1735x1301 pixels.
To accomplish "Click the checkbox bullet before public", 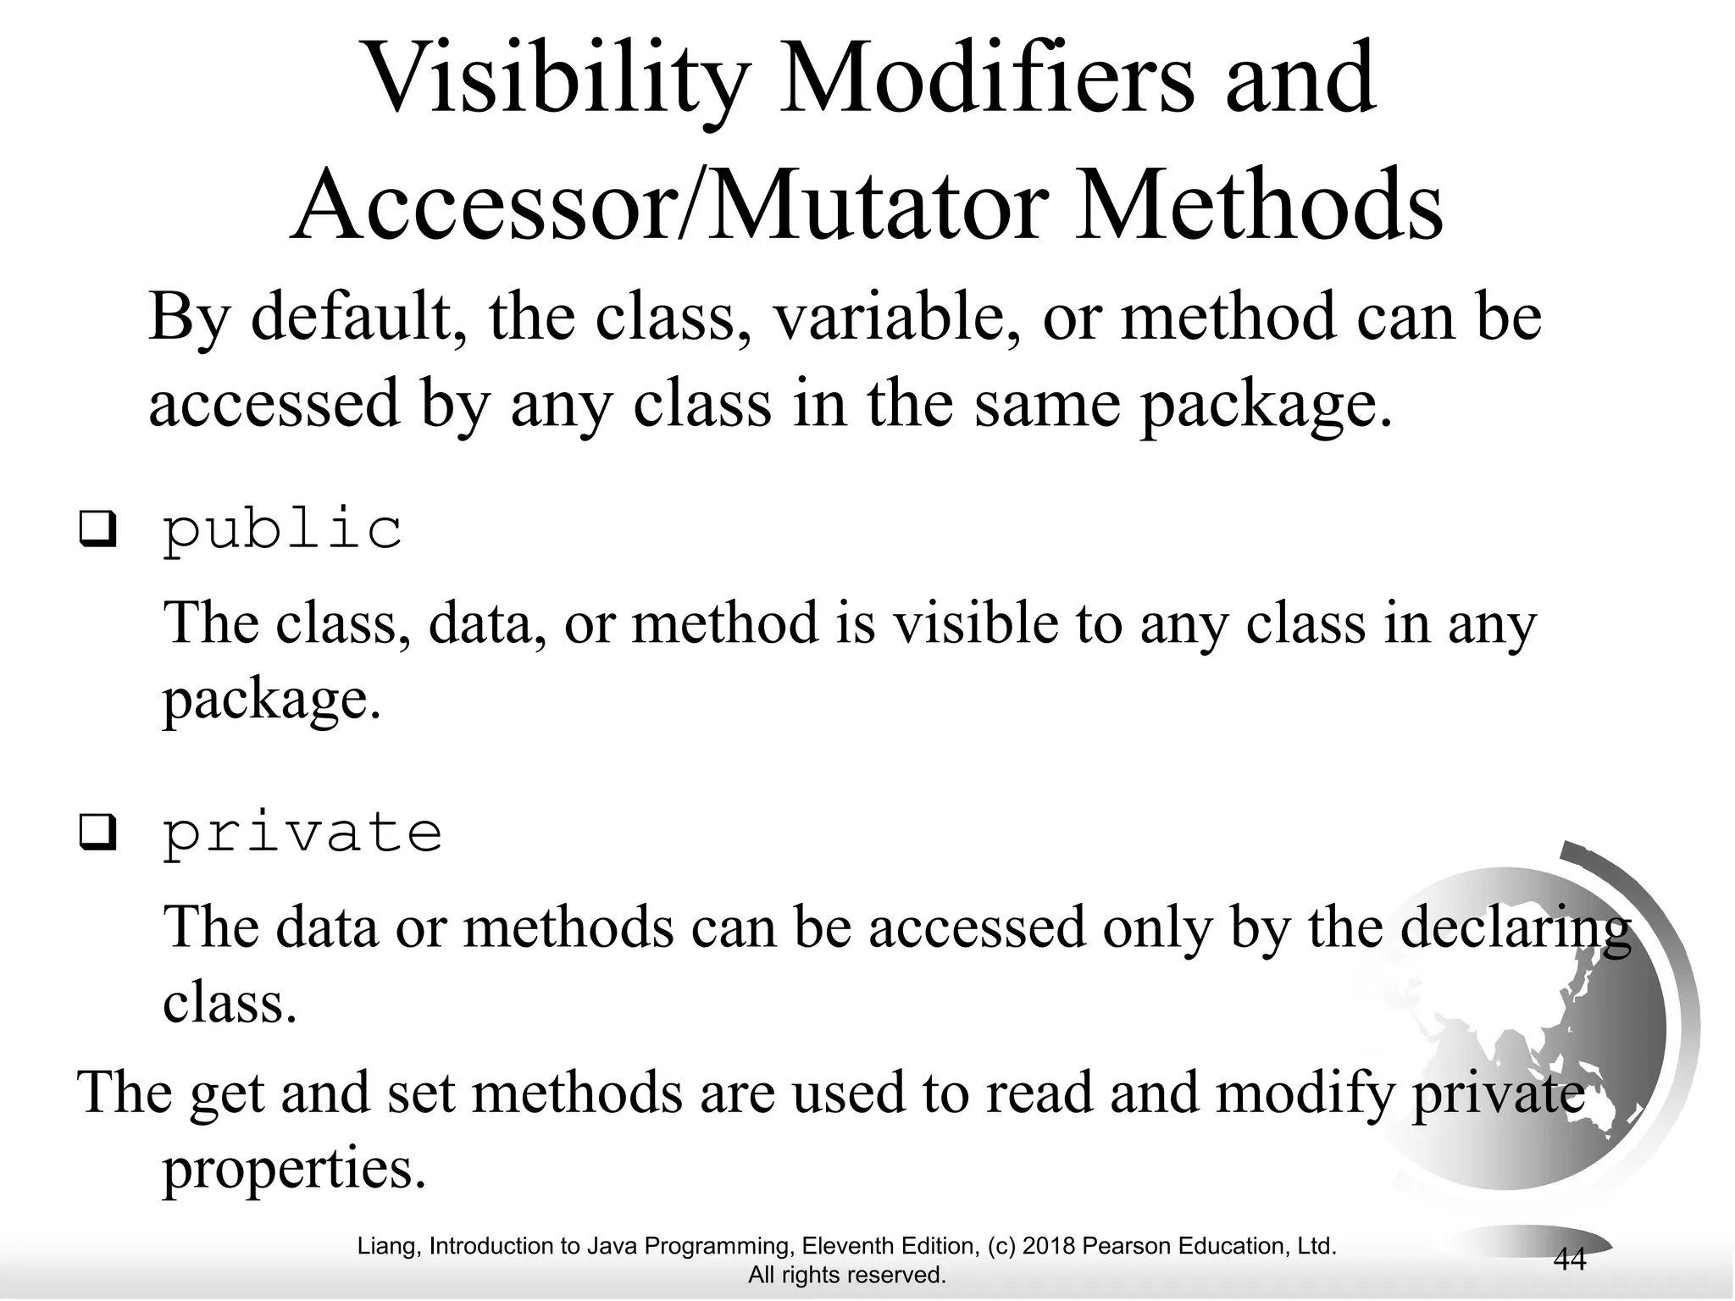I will [97, 531].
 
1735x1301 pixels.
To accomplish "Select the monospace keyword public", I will [282, 531].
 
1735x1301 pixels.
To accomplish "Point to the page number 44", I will [1569, 1259].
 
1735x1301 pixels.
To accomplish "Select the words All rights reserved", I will [846, 1275].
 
